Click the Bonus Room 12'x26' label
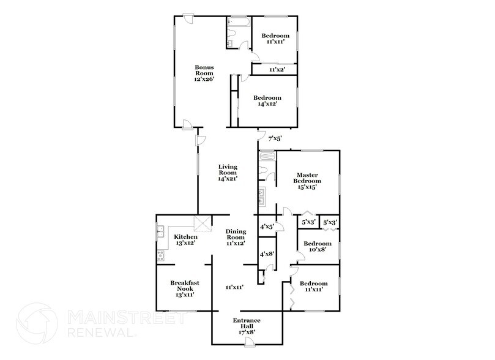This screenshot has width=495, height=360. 204,73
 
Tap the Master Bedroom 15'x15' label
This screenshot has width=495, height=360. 307,181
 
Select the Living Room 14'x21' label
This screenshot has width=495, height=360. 228,173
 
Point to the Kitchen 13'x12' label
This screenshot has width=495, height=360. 185,240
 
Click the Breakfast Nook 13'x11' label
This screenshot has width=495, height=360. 185,288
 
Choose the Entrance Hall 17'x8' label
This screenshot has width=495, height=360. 247,326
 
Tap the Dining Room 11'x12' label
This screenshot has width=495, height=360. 236,237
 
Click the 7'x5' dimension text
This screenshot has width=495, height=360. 275,138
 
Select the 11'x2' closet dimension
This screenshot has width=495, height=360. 277,70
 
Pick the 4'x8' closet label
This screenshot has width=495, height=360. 267,253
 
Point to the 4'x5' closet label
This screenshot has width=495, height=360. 267,227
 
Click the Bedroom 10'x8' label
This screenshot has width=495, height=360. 318,246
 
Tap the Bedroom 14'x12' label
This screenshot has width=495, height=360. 267,101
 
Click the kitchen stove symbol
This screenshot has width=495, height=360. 161,255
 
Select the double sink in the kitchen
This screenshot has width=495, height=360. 161,231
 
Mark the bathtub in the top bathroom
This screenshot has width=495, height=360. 239,21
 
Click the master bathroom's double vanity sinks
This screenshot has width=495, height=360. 262,196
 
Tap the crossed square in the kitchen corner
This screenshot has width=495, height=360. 203,223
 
